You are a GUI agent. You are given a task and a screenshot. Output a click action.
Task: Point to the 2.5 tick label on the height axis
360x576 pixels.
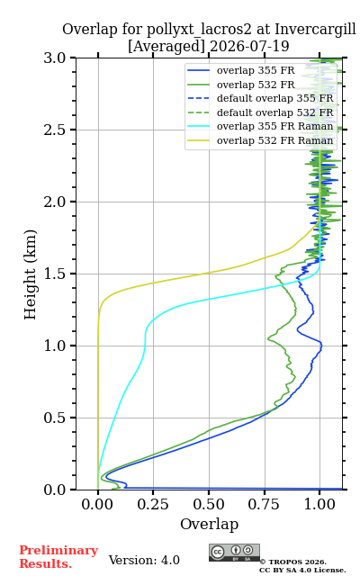click(x=55, y=130)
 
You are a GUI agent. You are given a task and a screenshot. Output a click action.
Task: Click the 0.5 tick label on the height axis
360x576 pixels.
click(x=55, y=418)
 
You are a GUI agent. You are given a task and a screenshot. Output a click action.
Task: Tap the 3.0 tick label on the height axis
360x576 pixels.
click(x=55, y=58)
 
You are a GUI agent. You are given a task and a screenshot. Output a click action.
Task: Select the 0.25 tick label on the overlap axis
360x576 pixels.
click(x=153, y=504)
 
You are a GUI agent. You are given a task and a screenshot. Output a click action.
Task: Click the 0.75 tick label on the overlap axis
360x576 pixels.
click(x=264, y=504)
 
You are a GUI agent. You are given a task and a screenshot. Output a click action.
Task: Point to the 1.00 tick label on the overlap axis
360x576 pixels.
click(x=319, y=504)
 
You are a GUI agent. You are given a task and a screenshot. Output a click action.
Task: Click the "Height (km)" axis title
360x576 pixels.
click(x=31, y=274)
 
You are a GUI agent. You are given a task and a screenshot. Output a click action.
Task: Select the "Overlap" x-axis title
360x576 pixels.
click(x=210, y=524)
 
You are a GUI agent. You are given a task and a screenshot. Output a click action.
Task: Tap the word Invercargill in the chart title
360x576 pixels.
click(x=315, y=30)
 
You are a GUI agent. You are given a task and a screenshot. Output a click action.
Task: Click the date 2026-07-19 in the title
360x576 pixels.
click(x=249, y=47)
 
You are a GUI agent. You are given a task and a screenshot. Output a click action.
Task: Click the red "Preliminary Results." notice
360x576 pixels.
click(x=58, y=557)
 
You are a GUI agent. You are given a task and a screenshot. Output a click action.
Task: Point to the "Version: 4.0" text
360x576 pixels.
click(x=144, y=560)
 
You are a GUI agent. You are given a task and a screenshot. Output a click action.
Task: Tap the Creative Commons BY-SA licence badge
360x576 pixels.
click(x=234, y=553)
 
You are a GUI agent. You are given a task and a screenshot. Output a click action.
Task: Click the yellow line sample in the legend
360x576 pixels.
click(x=198, y=140)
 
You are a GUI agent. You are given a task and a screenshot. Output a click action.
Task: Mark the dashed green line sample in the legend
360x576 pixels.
click(x=198, y=112)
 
